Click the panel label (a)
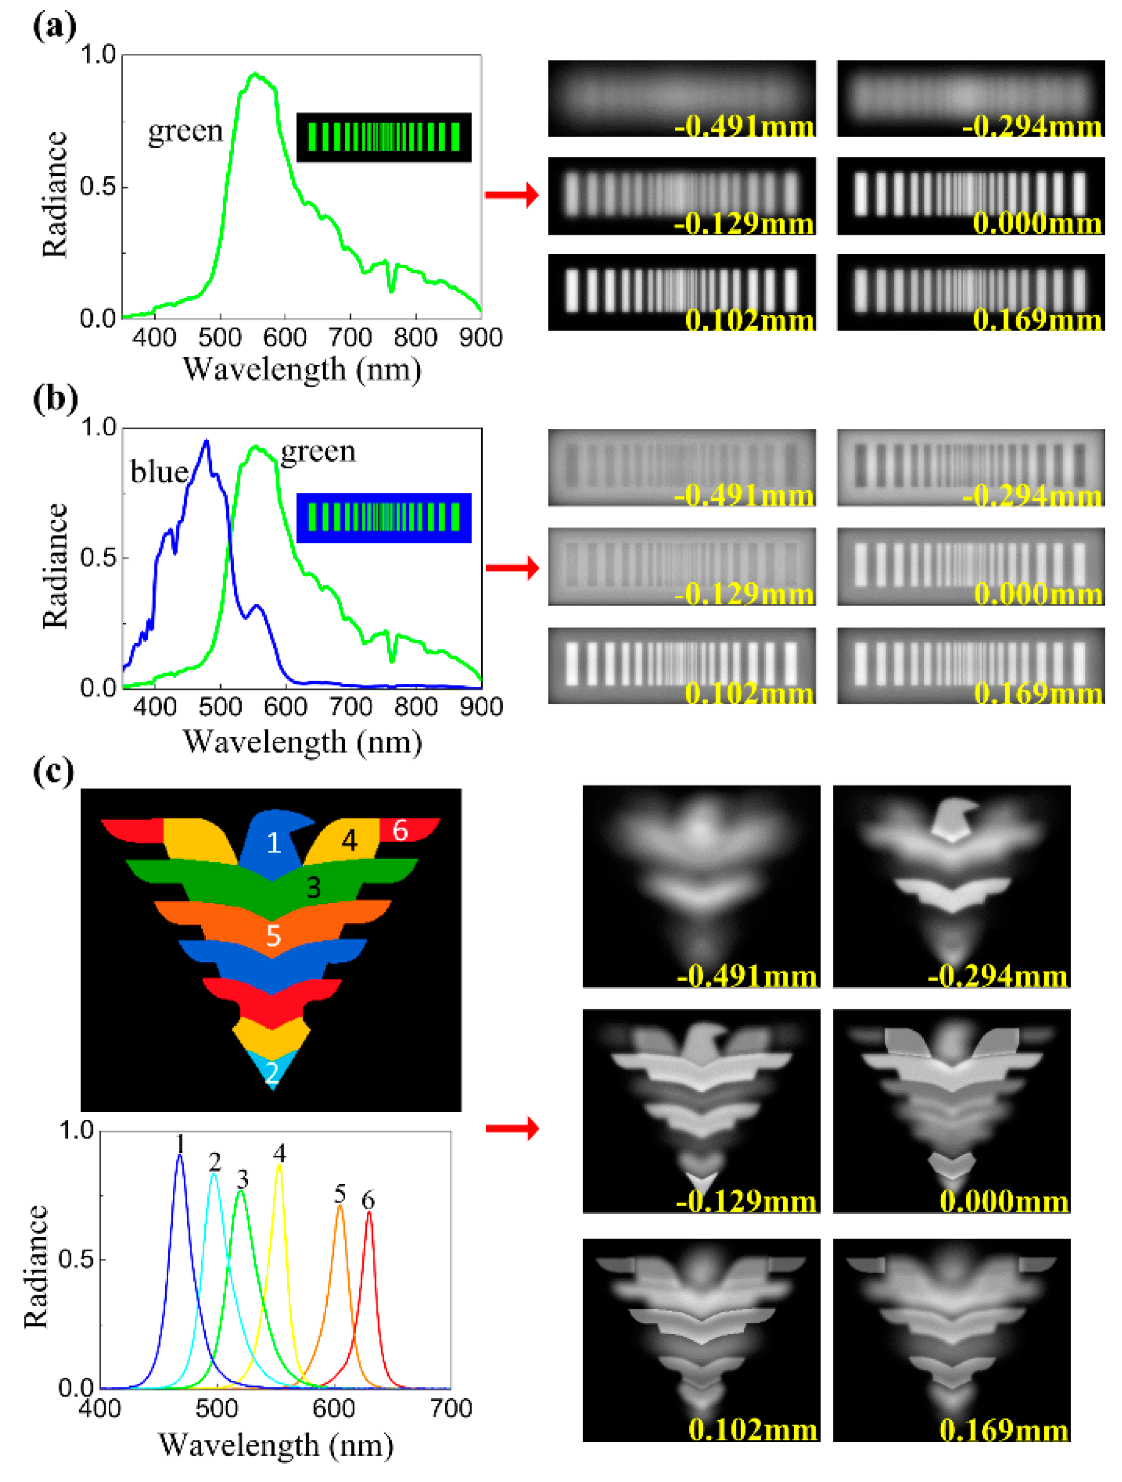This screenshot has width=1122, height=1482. pos(54,27)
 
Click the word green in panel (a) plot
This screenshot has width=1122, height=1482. pos(185,131)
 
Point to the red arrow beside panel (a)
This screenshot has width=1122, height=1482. pos(511,195)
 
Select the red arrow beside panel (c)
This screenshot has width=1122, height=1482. pos(511,1128)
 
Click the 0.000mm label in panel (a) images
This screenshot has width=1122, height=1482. pos(1036,223)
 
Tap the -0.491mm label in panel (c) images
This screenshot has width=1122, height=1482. pos(746,975)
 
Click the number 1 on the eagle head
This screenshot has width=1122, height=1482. pos(273,843)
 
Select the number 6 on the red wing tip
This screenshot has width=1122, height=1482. pos(399,830)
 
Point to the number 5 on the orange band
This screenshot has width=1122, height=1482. pos(273,935)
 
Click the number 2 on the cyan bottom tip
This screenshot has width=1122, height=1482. pos(271,1073)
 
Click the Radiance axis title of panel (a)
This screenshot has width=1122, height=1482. pos(55,194)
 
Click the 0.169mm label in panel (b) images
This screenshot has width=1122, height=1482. pos(1037,693)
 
